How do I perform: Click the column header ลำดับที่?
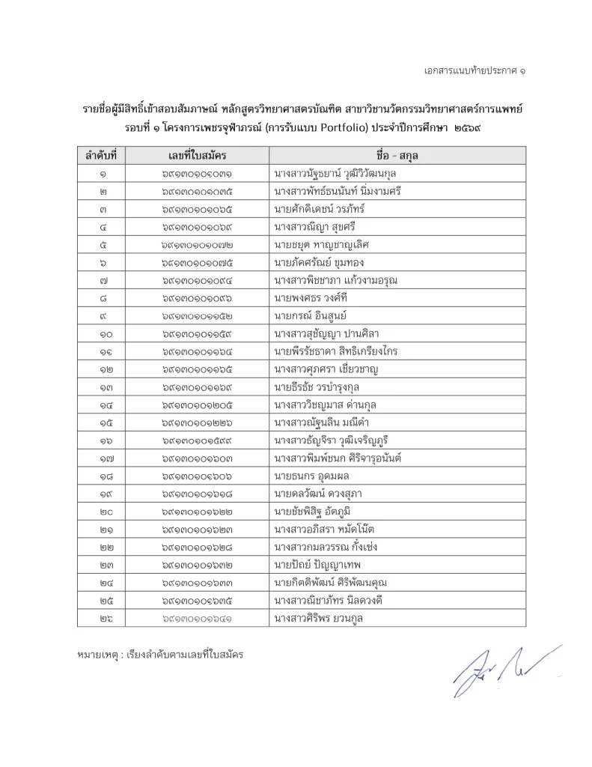102,156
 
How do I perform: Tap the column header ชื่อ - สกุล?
397,156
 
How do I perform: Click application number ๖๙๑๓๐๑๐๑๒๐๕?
198,404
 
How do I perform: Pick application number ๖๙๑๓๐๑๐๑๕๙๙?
198,440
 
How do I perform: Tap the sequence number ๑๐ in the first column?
102,333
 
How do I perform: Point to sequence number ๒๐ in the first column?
102,511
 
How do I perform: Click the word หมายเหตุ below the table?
97,654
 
